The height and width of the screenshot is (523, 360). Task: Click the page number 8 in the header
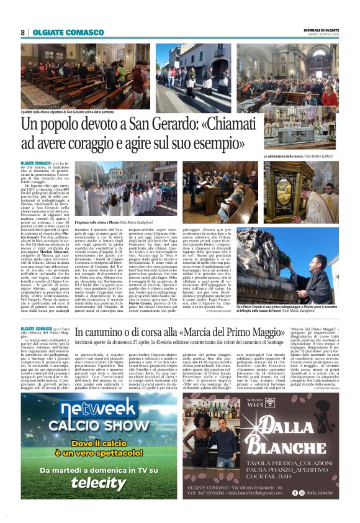point(22,32)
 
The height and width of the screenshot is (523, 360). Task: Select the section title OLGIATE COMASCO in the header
point(68,32)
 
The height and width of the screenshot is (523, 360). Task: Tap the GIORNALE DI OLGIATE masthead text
point(320,30)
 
